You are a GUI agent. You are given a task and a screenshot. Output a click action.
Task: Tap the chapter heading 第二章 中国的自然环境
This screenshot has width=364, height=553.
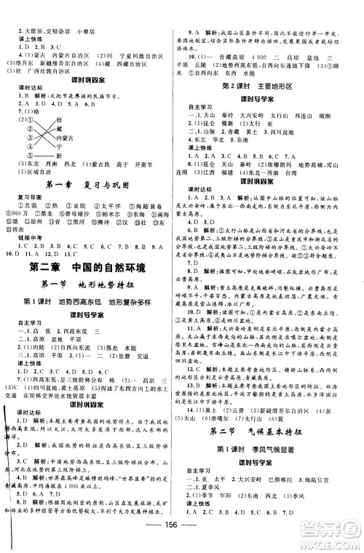point(92,268)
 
